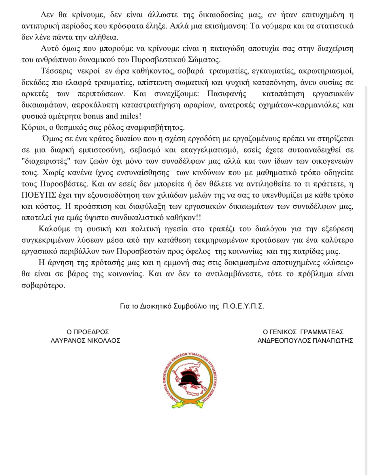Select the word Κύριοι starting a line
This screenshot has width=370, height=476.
click(x=32, y=127)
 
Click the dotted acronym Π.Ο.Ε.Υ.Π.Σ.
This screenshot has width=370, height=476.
click(x=243, y=306)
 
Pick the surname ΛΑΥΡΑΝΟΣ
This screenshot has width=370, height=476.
click(x=68, y=341)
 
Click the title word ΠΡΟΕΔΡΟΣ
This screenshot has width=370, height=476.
click(x=91, y=332)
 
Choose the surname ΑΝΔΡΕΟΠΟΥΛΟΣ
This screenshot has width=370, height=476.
click(x=282, y=341)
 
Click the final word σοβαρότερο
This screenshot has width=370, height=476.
click(x=43, y=285)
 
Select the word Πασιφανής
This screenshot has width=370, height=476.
click(x=227, y=94)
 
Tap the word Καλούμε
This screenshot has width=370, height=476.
click(x=54, y=229)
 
